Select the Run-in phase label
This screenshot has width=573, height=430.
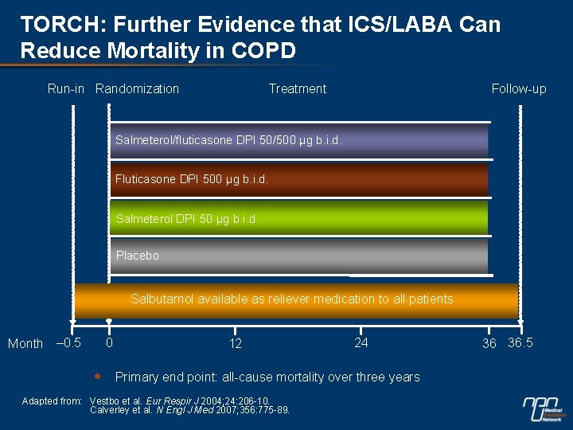click(x=65, y=88)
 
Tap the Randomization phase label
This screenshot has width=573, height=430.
click(x=137, y=88)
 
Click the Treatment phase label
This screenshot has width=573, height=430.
click(x=297, y=88)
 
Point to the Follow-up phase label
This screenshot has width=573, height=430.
click(x=519, y=88)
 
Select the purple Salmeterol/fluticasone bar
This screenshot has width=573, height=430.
click(x=298, y=140)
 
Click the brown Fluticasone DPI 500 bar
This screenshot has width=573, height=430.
click(x=298, y=179)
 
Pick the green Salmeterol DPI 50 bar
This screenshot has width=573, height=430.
click(x=298, y=217)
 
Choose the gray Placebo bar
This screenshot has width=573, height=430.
click(x=298, y=256)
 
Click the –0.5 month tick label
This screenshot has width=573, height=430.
click(x=68, y=343)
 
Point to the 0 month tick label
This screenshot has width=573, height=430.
click(x=109, y=343)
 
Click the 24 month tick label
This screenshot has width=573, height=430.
click(x=361, y=343)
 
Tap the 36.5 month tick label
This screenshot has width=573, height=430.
click(x=520, y=343)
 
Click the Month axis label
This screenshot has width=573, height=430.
click(x=25, y=344)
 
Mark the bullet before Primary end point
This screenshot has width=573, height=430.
click(x=96, y=376)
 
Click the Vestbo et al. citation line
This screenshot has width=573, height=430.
click(x=180, y=401)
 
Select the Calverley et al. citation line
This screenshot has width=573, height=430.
click(x=189, y=410)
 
